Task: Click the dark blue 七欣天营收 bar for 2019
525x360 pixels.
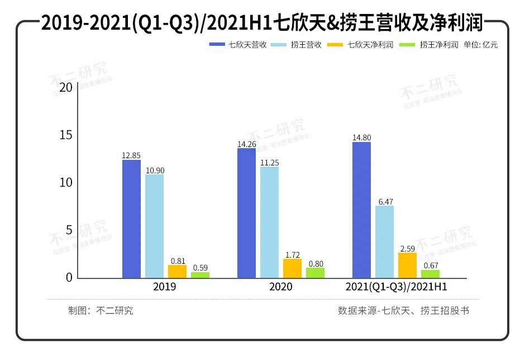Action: pyautogui.click(x=132, y=219)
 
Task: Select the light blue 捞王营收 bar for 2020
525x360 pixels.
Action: pyautogui.click(x=269, y=222)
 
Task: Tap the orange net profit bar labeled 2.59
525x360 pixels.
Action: pyautogui.click(x=407, y=265)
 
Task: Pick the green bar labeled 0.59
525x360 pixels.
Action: pyautogui.click(x=201, y=274)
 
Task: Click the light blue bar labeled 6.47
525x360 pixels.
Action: pyautogui.click(x=384, y=241)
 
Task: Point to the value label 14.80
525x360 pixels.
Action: pyautogui.click(x=361, y=138)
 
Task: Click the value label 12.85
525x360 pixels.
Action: pyautogui.click(x=132, y=156)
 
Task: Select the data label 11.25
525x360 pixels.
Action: pyautogui.click(x=269, y=162)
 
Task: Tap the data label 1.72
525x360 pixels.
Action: pyautogui.click(x=292, y=255)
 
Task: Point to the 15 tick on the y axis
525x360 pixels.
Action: pyautogui.click(x=66, y=135)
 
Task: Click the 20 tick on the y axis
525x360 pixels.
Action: pyautogui.click(x=66, y=88)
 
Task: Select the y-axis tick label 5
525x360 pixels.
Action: pyautogui.click(x=69, y=230)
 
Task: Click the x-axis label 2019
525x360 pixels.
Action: pyautogui.click(x=165, y=287)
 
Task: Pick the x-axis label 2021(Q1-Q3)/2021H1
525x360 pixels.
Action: pyautogui.click(x=395, y=287)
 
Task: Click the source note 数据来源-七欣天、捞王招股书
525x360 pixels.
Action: pyautogui.click(x=403, y=311)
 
